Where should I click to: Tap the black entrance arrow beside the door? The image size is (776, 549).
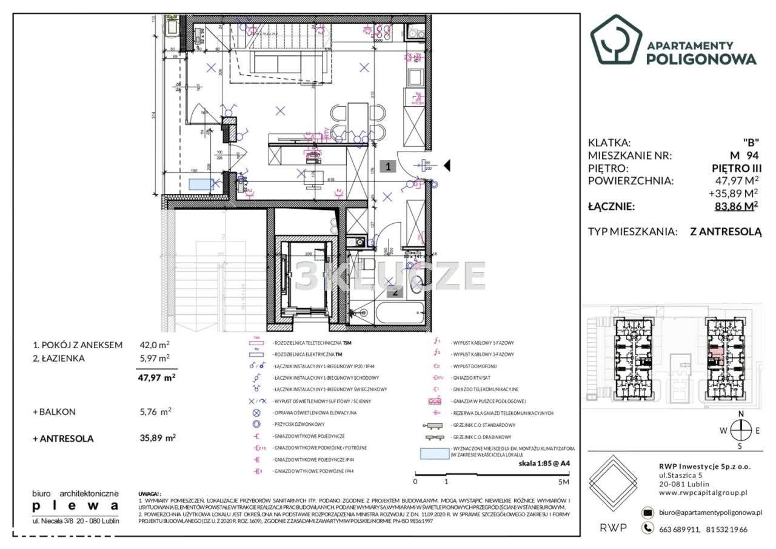click(447, 165)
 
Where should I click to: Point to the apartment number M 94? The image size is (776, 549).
click(743, 155)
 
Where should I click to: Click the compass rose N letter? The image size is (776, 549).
click(741, 414)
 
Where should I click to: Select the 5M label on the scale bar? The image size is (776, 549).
click(563, 482)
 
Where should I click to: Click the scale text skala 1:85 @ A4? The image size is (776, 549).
click(544, 463)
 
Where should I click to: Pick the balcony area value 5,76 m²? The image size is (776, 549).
click(155, 411)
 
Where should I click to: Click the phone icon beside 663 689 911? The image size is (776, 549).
click(648, 529)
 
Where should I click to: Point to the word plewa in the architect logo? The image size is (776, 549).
click(75, 505)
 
